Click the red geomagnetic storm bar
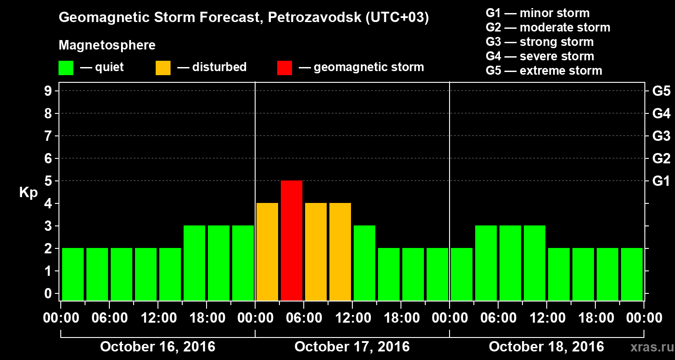(292, 240)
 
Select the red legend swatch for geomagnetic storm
(284, 68)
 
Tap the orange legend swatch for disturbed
(163, 68)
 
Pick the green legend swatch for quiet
(66, 68)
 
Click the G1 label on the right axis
(661, 181)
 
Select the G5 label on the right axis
(661, 91)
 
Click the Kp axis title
(28, 193)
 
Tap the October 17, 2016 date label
(352, 347)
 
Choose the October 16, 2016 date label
(157, 347)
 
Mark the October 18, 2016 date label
(546, 347)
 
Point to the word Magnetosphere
(107, 45)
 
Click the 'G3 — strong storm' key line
(540, 42)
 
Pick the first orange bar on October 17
(267, 252)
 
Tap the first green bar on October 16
(73, 274)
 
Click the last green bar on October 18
(632, 274)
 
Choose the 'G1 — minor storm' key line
(538, 13)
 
